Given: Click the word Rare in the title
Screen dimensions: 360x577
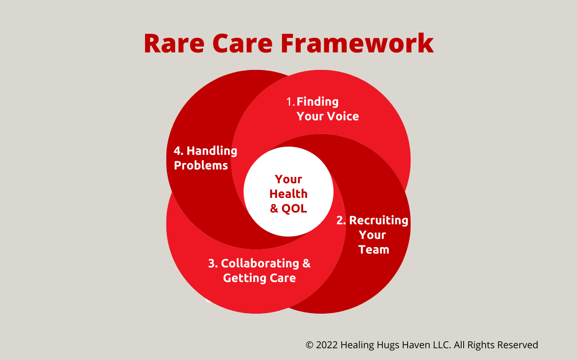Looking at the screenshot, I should click(174, 43).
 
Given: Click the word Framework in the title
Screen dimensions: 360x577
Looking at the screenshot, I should click(357, 43).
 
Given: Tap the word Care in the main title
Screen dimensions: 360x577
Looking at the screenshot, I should click(242, 43).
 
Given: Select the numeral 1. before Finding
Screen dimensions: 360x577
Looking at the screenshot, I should click(291, 102).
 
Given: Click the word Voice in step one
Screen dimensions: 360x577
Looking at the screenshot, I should click(343, 116).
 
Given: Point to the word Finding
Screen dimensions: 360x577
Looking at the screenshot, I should click(317, 102).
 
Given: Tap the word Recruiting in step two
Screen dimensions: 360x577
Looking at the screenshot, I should click(379, 220).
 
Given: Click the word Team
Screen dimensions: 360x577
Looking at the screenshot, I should click(374, 249).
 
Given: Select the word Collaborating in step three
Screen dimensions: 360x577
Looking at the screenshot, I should click(260, 263).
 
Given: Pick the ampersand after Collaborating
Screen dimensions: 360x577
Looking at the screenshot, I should click(306, 263).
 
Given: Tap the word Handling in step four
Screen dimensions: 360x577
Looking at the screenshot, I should click(212, 151).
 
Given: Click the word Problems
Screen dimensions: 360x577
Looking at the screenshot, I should click(201, 165).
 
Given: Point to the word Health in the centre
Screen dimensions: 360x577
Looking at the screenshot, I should click(288, 194).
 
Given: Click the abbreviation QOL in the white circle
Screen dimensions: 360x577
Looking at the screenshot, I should click(294, 208).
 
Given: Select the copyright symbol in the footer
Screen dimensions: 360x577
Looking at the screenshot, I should click(310, 345).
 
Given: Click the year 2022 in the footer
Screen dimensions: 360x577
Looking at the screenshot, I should click(327, 345).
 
